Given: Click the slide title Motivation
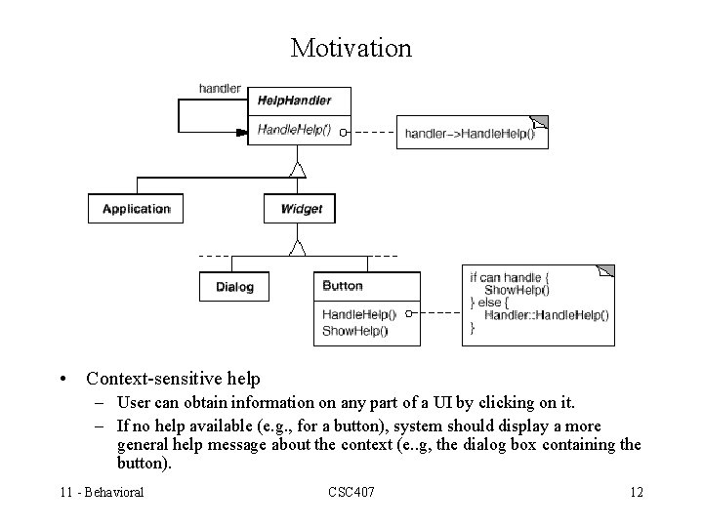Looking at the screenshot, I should [351, 47].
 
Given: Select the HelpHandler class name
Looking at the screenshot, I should [294, 100].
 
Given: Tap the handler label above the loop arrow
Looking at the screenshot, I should [220, 88].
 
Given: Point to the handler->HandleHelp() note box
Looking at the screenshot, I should [473, 133].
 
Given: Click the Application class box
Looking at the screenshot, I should [136, 209].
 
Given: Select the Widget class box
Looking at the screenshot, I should [301, 209].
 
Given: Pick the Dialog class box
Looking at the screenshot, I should [234, 287].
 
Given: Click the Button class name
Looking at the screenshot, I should [342, 286].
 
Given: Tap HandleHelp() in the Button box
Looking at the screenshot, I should [358, 314].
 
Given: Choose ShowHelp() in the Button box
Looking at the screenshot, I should [354, 331].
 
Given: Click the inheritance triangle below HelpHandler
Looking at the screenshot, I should [298, 170].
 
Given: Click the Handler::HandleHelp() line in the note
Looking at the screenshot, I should [546, 315].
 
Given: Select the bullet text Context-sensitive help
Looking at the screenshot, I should [173, 378].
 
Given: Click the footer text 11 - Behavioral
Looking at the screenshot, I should [101, 492].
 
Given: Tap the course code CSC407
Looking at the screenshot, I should [351, 492].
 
